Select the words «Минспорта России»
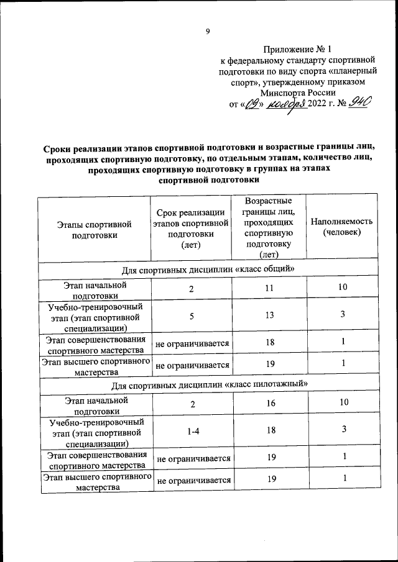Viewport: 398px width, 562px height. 298,92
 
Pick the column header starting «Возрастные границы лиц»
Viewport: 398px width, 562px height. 269,228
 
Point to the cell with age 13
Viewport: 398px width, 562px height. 269,315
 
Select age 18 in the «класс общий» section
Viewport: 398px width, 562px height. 269,343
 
